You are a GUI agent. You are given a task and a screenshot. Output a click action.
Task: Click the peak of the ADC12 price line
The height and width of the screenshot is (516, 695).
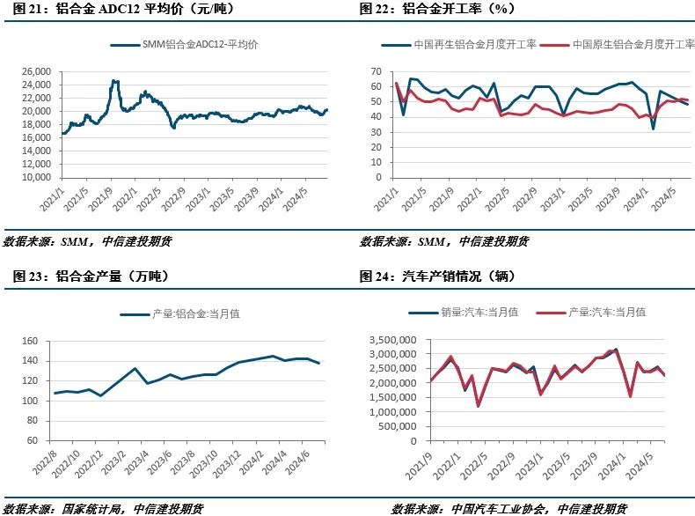[114, 81]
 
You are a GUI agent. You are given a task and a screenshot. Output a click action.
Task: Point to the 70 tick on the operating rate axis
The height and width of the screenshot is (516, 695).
[376, 71]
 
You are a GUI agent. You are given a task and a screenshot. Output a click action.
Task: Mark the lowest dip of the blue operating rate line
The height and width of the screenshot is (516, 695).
[654, 129]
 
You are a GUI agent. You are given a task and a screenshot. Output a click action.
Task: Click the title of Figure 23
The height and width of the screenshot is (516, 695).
[91, 276]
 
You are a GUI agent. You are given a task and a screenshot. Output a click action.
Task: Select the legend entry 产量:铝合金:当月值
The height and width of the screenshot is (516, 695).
[180, 313]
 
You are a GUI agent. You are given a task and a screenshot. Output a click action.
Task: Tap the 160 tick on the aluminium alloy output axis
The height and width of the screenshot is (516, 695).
[33, 341]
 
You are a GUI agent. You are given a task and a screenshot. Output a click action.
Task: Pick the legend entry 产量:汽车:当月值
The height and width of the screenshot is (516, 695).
[607, 312]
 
